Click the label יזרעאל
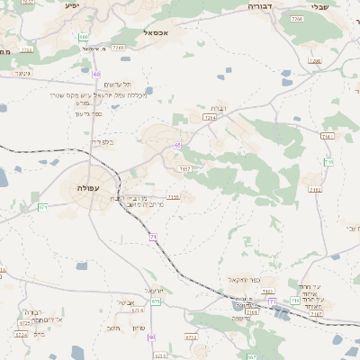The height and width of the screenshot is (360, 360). [x=154, y=291]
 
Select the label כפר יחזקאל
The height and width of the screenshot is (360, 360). [x=244, y=281]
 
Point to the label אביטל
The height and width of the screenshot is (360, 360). [x=125, y=301]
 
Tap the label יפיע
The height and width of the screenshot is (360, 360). [x=73, y=5]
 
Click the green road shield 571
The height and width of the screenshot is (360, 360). [x=42, y=208]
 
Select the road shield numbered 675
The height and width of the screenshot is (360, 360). [x=157, y=301]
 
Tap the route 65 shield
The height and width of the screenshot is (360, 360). [x=178, y=145]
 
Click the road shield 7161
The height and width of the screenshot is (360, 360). [x=327, y=136]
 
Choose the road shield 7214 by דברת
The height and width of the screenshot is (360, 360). [x=211, y=117]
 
